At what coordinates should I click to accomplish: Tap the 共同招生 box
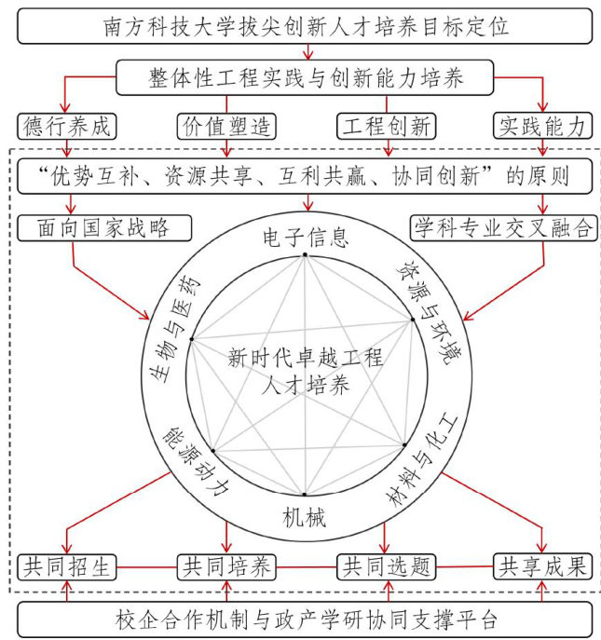point(64,566)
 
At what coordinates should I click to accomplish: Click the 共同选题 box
point(387,566)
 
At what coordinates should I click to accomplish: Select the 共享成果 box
point(543,566)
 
